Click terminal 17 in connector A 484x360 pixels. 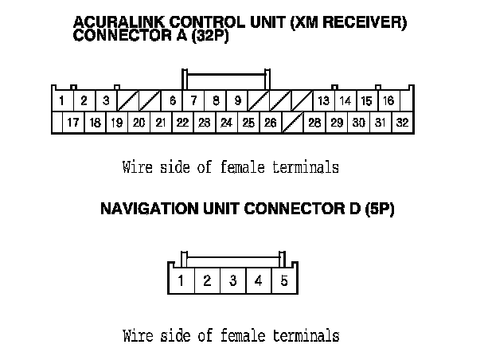point(72,123)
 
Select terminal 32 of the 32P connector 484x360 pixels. point(402,123)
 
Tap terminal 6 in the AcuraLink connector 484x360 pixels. point(172,101)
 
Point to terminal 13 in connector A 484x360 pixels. point(323,101)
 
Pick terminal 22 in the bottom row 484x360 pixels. point(182,123)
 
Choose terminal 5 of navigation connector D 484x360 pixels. point(284,280)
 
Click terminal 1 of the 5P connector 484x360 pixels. point(181,280)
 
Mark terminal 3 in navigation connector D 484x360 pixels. point(232,280)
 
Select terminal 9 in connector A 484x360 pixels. point(238,101)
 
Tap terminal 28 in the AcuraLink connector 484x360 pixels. point(314,123)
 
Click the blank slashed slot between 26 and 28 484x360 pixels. point(293,123)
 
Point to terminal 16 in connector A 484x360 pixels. point(388,101)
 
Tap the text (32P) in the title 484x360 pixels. point(209,36)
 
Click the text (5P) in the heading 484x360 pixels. point(379,210)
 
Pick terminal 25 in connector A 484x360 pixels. point(248,123)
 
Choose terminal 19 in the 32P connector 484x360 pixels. point(116,123)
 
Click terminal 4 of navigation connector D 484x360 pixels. point(259,280)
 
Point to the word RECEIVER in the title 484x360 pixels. point(367,22)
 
